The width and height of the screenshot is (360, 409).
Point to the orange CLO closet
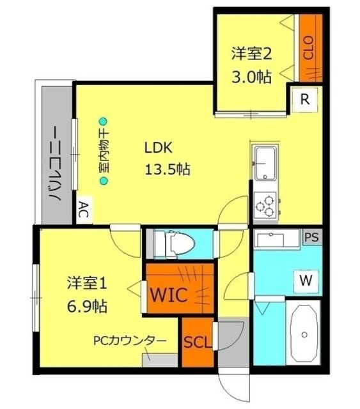pos(309,49)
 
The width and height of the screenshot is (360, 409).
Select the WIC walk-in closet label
pos(168,295)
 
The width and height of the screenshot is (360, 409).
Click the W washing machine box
pos(306,279)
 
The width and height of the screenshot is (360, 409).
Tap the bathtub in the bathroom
pos(304,334)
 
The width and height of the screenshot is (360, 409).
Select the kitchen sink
pos(265,164)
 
